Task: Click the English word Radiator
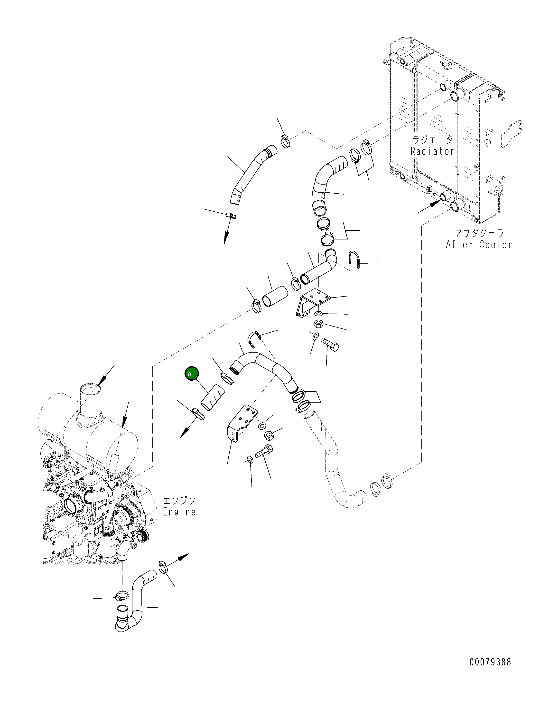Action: [432, 151]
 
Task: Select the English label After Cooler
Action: [479, 245]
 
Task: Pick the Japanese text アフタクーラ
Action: [479, 233]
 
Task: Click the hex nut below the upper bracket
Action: [318, 324]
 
